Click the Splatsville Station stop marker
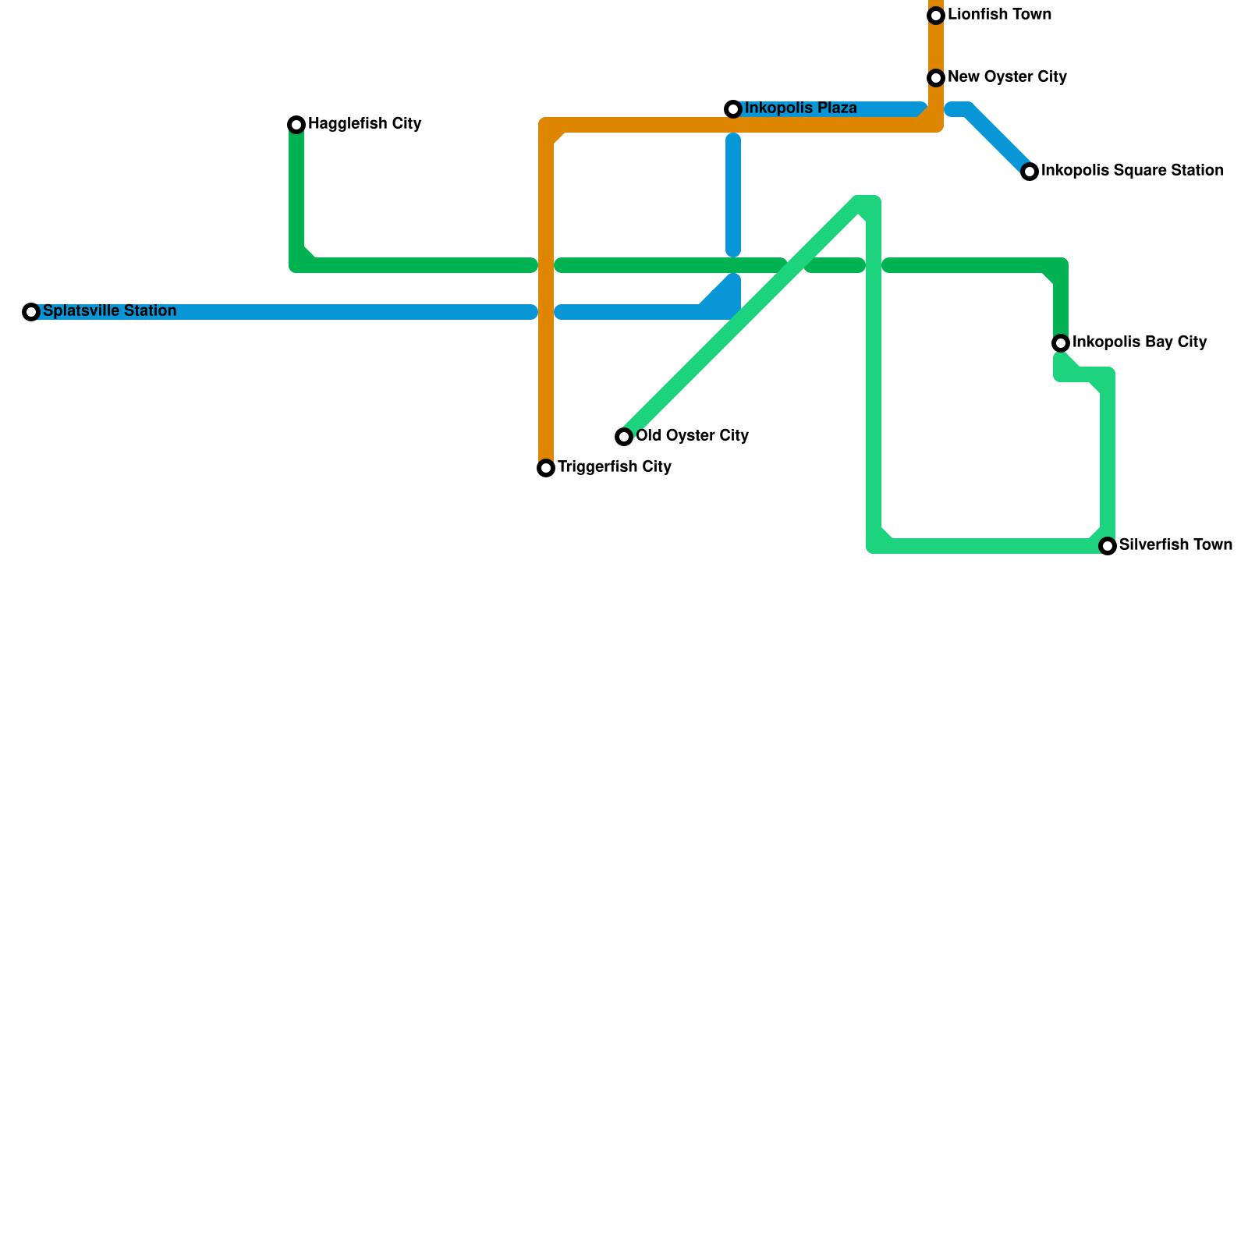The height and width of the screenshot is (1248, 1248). point(31,312)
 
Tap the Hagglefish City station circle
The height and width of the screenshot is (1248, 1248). point(296,125)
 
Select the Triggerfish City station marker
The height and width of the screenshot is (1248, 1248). point(546,468)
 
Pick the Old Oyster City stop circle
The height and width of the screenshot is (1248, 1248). point(624,437)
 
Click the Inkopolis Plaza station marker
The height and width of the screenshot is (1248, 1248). point(733,109)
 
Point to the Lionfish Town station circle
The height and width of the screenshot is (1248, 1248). point(936,16)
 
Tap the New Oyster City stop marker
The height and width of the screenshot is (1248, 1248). point(936,78)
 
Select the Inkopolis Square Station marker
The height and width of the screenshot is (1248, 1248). point(1030,172)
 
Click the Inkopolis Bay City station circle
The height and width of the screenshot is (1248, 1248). point(1061,343)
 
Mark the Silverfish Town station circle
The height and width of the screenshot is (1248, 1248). point(1108,546)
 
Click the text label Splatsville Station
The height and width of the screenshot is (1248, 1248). point(109,311)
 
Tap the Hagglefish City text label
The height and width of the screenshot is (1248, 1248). point(364,124)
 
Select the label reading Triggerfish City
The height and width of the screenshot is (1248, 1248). point(614,467)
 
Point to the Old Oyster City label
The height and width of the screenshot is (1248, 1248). point(692,436)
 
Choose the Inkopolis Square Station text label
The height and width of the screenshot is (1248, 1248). point(1132,171)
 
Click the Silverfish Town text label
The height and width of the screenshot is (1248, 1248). point(1175,545)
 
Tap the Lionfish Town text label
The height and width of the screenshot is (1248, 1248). point(999,15)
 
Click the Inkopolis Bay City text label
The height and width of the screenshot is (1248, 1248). point(1140,342)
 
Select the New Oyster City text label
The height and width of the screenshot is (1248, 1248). point(1007,77)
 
